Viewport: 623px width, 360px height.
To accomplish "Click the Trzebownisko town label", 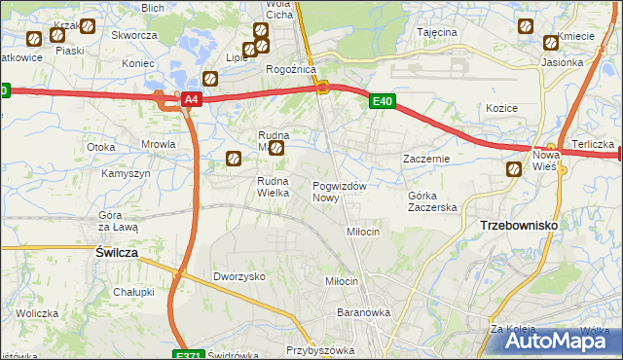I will click(x=518, y=225).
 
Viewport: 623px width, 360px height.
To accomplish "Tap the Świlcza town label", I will click(x=116, y=251).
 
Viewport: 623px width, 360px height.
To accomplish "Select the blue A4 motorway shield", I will click(x=191, y=99).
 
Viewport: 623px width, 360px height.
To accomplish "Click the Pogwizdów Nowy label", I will click(x=340, y=191).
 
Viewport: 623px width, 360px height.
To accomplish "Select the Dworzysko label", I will click(x=239, y=276).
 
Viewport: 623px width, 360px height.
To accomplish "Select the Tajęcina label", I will click(x=437, y=32).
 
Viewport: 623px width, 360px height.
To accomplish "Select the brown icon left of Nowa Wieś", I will click(x=513, y=170).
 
